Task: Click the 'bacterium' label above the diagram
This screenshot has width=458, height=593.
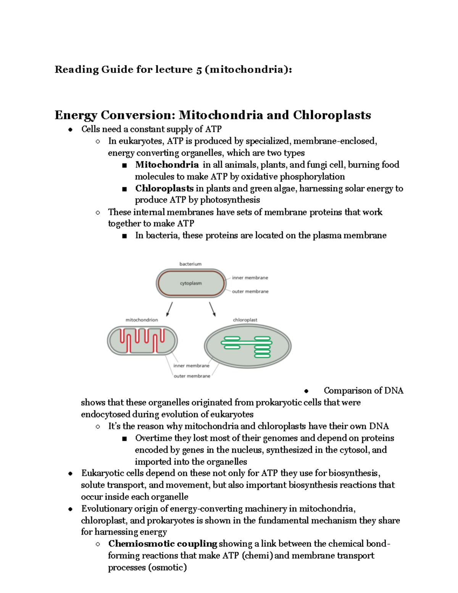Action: [190, 264]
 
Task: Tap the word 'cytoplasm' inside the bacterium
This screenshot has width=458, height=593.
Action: [191, 283]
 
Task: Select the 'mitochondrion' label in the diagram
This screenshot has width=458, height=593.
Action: [142, 320]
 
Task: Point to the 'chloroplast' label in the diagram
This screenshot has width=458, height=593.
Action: [245, 320]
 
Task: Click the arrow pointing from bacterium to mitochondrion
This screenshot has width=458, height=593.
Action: [170, 309]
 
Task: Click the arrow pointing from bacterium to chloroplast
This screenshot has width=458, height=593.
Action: [212, 309]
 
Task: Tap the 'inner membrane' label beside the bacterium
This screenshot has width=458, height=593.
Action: [250, 278]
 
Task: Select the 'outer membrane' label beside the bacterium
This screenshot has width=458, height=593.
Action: [250, 291]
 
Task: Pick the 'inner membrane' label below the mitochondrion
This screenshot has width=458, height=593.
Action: [191, 365]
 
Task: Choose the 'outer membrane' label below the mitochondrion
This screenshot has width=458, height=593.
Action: [192, 376]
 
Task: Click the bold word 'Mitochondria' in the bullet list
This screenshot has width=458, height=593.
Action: [167, 165]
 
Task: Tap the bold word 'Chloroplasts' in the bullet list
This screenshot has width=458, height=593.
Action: [164, 188]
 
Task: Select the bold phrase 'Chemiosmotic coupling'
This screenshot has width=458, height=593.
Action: [163, 544]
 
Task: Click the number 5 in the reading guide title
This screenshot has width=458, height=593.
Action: [199, 69]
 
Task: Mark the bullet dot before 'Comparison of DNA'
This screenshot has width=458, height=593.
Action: [306, 391]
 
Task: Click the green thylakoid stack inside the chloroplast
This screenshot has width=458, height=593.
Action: [262, 347]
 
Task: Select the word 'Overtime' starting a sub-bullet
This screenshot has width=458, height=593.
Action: [153, 438]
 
